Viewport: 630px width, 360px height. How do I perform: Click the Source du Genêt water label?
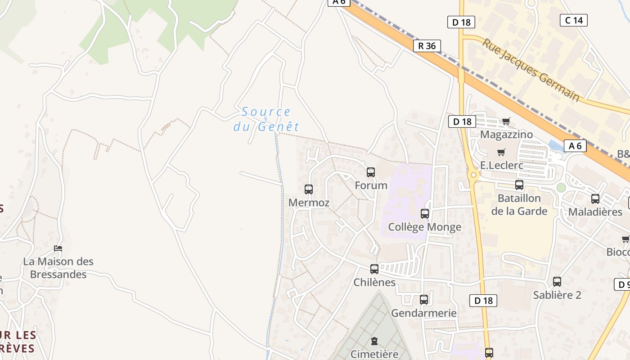[266, 119]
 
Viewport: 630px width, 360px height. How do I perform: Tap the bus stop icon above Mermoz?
[309, 189]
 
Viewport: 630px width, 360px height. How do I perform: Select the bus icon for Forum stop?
[371, 172]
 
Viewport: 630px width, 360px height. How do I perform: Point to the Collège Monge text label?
[425, 227]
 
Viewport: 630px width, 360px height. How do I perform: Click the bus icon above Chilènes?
[374, 269]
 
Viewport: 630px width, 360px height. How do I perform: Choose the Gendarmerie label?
[424, 313]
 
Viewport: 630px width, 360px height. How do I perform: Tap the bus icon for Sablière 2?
[557, 282]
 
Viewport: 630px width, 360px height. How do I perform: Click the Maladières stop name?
[595, 211]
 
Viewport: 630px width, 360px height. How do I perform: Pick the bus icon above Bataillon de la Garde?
[519, 184]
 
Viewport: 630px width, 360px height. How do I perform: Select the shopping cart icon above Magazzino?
[506, 121]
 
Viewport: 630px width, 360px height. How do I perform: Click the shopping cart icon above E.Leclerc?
[501, 152]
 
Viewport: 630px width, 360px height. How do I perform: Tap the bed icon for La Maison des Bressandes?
[58, 248]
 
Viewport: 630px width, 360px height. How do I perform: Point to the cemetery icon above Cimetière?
[374, 341]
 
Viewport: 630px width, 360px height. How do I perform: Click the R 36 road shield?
[427, 46]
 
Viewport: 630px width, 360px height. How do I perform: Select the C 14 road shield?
[574, 20]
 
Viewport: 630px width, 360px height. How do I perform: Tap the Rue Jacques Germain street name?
[531, 70]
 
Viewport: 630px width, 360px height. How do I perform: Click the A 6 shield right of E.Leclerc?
[575, 146]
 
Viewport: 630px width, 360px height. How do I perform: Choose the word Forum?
[371, 185]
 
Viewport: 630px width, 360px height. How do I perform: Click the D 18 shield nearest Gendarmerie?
[484, 301]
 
